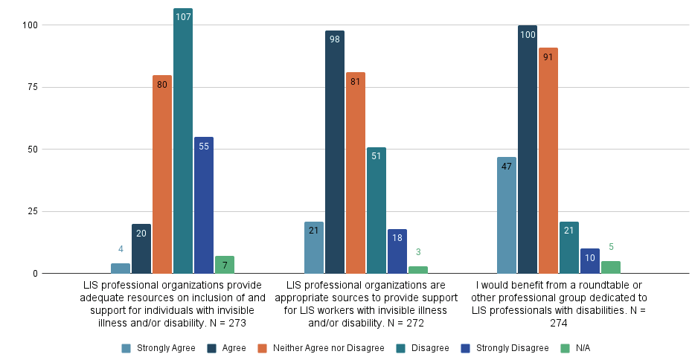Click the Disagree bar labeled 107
[x=183, y=141]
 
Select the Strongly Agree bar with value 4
[x=121, y=269]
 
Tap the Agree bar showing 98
[x=335, y=152]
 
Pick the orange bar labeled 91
[x=548, y=161]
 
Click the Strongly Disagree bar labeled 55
[x=204, y=205]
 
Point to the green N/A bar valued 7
[x=225, y=265]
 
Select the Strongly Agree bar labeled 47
[x=507, y=216]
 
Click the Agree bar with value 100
[x=528, y=150]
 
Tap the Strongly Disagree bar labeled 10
[x=590, y=261]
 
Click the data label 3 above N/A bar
[x=418, y=252]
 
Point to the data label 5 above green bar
[x=611, y=247]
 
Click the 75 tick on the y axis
[x=30, y=87]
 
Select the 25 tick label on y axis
[x=30, y=211]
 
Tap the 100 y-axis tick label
[x=28, y=25]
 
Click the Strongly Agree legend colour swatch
[x=126, y=348]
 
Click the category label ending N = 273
[x=172, y=304]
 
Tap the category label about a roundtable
[x=559, y=304]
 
